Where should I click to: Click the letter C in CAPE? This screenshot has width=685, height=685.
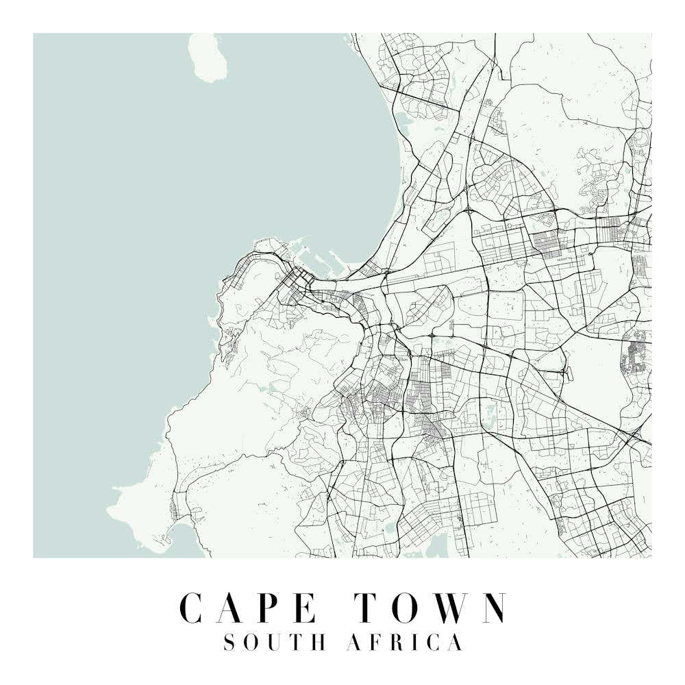click(194, 607)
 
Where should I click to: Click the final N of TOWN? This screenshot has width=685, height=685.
click(492, 607)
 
